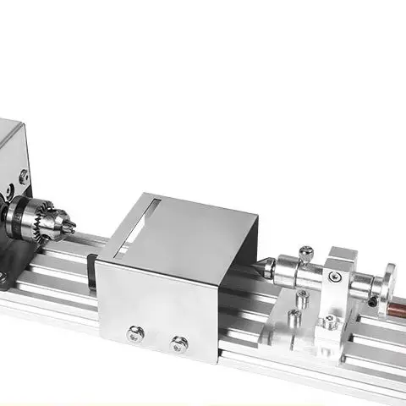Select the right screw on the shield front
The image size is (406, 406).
tap(178, 343)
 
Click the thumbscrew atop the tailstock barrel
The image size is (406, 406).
tap(307, 252)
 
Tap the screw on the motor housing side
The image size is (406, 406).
tap(23, 176)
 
